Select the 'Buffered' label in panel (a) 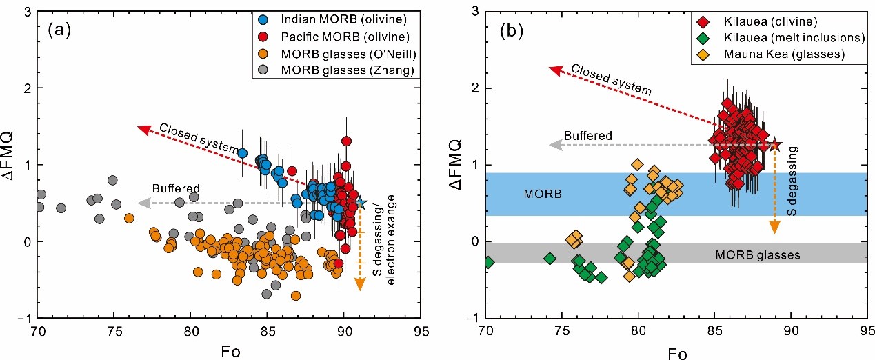(x=176, y=189)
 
